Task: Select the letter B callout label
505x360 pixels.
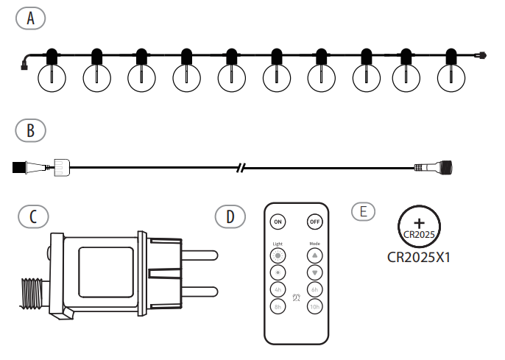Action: (30, 130)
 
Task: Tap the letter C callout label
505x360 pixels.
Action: (33, 216)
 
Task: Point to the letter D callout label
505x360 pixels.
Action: (230, 216)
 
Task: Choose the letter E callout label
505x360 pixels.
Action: (362, 211)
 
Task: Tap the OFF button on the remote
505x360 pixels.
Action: (314, 221)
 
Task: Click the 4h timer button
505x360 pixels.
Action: (278, 289)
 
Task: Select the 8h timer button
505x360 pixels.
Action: (278, 306)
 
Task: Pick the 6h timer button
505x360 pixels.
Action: (314, 289)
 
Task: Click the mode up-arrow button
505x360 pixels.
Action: (314, 255)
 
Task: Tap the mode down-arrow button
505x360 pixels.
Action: (314, 272)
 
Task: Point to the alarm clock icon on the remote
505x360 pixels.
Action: (296, 298)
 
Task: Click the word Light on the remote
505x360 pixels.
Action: (278, 242)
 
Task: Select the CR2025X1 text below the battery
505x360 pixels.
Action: (418, 258)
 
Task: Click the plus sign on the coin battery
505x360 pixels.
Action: (419, 222)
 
